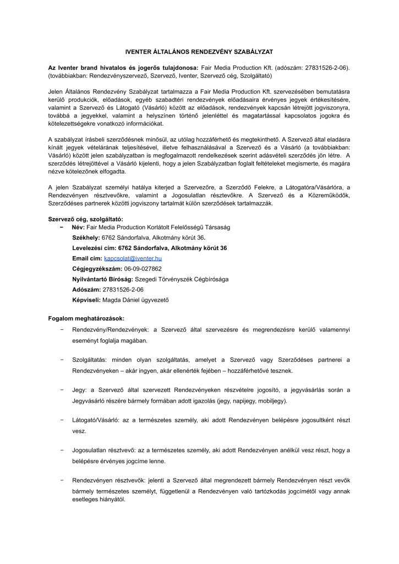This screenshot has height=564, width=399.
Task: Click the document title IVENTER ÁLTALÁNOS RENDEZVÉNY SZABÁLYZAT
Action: [199, 51]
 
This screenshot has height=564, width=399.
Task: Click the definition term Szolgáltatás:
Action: [90, 360]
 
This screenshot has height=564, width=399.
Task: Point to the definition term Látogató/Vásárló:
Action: [98, 420]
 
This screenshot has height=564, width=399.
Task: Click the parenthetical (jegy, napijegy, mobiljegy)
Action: [247, 400]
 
